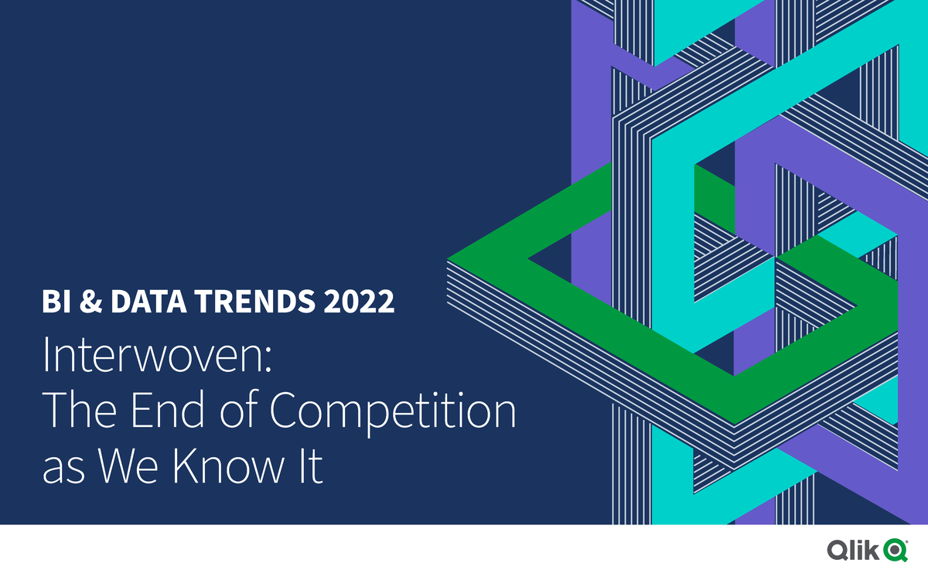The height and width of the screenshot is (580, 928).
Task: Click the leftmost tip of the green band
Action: click(451, 256)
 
